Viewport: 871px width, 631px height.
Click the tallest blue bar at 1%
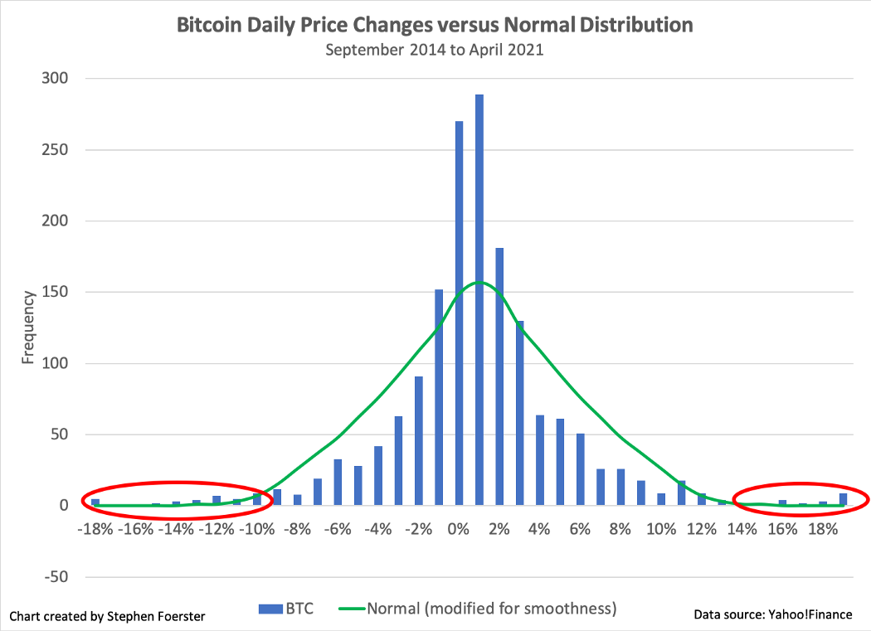(479, 299)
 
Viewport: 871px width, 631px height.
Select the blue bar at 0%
(459, 315)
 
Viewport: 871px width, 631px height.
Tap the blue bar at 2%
(499, 377)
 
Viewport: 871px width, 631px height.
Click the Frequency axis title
(28, 327)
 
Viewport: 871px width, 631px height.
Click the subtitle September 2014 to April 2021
(435, 50)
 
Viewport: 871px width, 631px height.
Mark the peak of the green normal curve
(479, 283)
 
